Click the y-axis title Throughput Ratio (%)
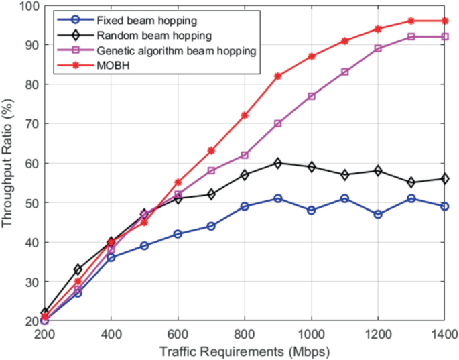(9, 164)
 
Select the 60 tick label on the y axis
(31, 163)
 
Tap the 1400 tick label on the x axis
(444, 335)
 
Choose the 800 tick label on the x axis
(245, 335)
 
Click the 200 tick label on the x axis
(45, 335)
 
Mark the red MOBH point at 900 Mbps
(278, 76)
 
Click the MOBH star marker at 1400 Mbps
(444, 21)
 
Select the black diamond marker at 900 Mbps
(278, 163)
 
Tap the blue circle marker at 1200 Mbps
(377, 214)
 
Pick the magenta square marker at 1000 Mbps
(311, 96)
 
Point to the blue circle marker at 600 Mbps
(178, 234)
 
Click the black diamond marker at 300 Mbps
(78, 269)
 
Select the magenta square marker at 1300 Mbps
(411, 37)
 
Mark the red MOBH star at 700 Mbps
(212, 151)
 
